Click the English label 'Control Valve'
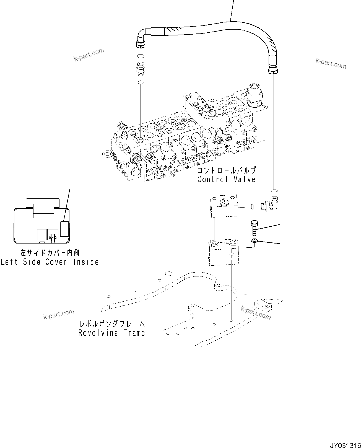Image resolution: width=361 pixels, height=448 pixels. click(x=226, y=179)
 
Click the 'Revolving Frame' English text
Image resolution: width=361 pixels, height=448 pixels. click(x=111, y=333)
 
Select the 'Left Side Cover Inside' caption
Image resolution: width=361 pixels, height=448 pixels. click(x=50, y=262)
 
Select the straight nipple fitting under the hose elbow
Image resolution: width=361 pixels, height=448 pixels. click(x=141, y=69)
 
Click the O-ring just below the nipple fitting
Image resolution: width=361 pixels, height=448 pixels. click(x=141, y=82)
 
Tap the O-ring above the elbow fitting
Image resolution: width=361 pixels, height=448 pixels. click(x=274, y=191)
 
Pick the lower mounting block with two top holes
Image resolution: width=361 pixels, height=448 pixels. click(x=223, y=252)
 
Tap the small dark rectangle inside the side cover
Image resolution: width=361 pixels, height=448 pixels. click(x=64, y=229)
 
